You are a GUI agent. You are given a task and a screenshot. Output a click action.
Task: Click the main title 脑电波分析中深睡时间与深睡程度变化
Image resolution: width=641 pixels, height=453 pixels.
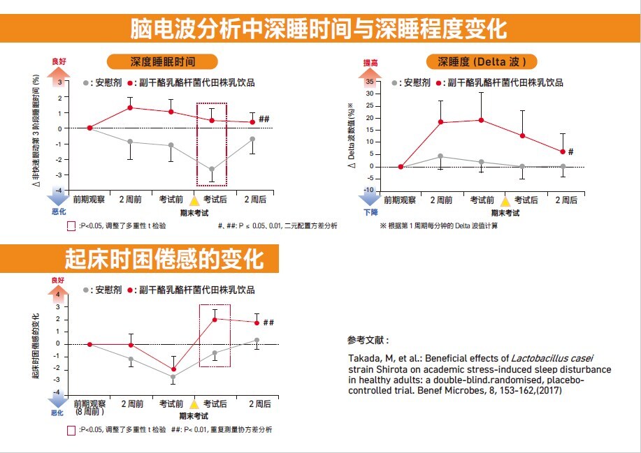pyautogui.click(x=319, y=29)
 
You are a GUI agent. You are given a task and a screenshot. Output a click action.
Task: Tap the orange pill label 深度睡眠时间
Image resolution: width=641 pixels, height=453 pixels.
pyautogui.click(x=163, y=61)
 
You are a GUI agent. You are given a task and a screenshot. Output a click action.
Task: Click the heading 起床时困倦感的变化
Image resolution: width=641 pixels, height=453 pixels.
pyautogui.click(x=164, y=259)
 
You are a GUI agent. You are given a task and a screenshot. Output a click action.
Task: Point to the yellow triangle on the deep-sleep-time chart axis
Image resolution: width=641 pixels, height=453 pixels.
pyautogui.click(x=196, y=200)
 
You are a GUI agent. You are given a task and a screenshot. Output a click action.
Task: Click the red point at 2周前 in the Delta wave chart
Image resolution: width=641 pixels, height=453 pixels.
pyautogui.click(x=440, y=122)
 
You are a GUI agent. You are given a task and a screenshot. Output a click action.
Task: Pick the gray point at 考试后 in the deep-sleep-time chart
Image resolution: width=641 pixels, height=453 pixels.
pyautogui.click(x=212, y=169)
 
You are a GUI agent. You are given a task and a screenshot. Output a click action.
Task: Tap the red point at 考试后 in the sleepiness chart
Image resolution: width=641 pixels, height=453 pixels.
pyautogui.click(x=215, y=320)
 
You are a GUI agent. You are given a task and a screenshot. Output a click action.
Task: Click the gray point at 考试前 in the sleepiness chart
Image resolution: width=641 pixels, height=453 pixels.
pyautogui.click(x=173, y=377)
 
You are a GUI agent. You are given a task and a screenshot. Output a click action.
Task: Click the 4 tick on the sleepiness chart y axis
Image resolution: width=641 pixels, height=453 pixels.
pyautogui.click(x=59, y=295)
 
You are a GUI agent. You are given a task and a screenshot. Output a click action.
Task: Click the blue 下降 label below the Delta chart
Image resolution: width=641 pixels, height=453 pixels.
pyautogui.click(x=370, y=212)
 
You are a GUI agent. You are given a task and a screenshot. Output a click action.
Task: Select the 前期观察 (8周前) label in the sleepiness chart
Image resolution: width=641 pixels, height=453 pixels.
pyautogui.click(x=90, y=408)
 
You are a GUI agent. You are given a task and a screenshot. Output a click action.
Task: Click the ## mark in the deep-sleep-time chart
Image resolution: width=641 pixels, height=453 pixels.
pyautogui.click(x=264, y=119)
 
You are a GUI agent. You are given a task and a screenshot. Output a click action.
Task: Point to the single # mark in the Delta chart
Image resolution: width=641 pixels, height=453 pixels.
pyautogui.click(x=570, y=151)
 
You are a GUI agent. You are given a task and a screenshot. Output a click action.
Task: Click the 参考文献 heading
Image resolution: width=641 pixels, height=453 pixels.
pyautogui.click(x=368, y=341)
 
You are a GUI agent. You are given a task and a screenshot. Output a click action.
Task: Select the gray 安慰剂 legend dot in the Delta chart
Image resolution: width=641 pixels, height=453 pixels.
pyautogui.click(x=395, y=83)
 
